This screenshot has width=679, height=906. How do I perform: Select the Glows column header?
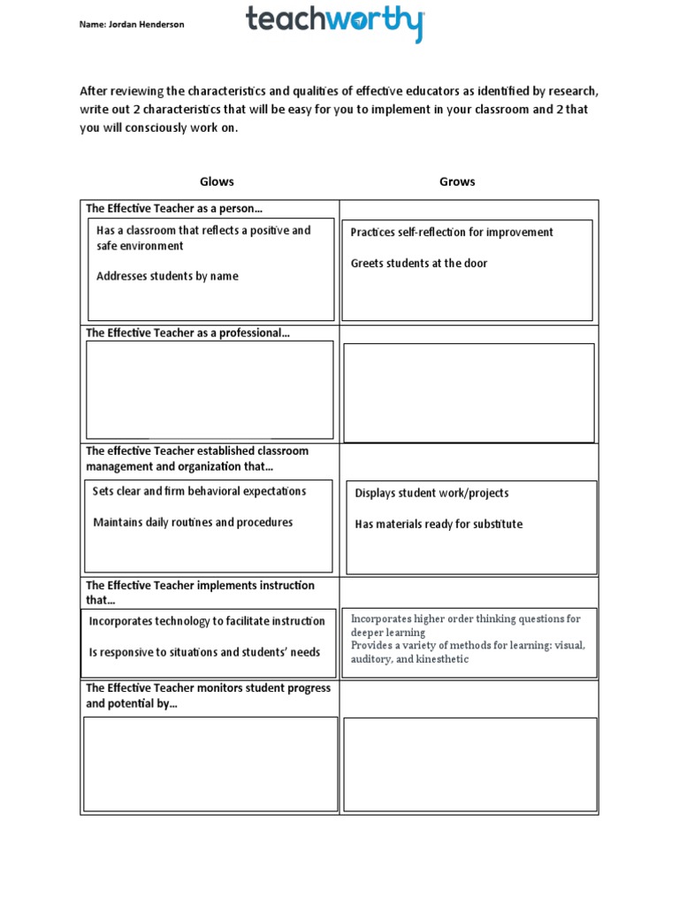coord(217,181)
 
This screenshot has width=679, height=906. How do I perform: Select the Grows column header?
coord(457,181)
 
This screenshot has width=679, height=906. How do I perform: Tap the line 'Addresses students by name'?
coord(167,276)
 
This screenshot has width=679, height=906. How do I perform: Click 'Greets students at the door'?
coord(418,263)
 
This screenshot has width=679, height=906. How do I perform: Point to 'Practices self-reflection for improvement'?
coord(452,232)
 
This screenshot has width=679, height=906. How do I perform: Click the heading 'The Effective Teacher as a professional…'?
coord(187,333)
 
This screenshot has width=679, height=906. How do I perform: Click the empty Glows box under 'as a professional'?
coord(210,390)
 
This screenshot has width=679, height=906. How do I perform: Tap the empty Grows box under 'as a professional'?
coord(469,392)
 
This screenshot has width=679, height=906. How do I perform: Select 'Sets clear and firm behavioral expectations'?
coord(199,491)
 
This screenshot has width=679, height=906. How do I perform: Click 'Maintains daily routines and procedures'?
coord(193,522)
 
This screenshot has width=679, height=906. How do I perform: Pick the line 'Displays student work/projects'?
coord(431,493)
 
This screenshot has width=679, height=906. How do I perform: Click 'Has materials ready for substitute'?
coord(439,524)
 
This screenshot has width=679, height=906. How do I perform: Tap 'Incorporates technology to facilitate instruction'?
coord(207,621)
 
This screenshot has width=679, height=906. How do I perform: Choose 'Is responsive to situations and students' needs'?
coord(204,652)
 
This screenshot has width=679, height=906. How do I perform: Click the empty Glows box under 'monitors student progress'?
coord(210,764)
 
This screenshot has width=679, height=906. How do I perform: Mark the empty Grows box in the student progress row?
coord(469,764)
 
